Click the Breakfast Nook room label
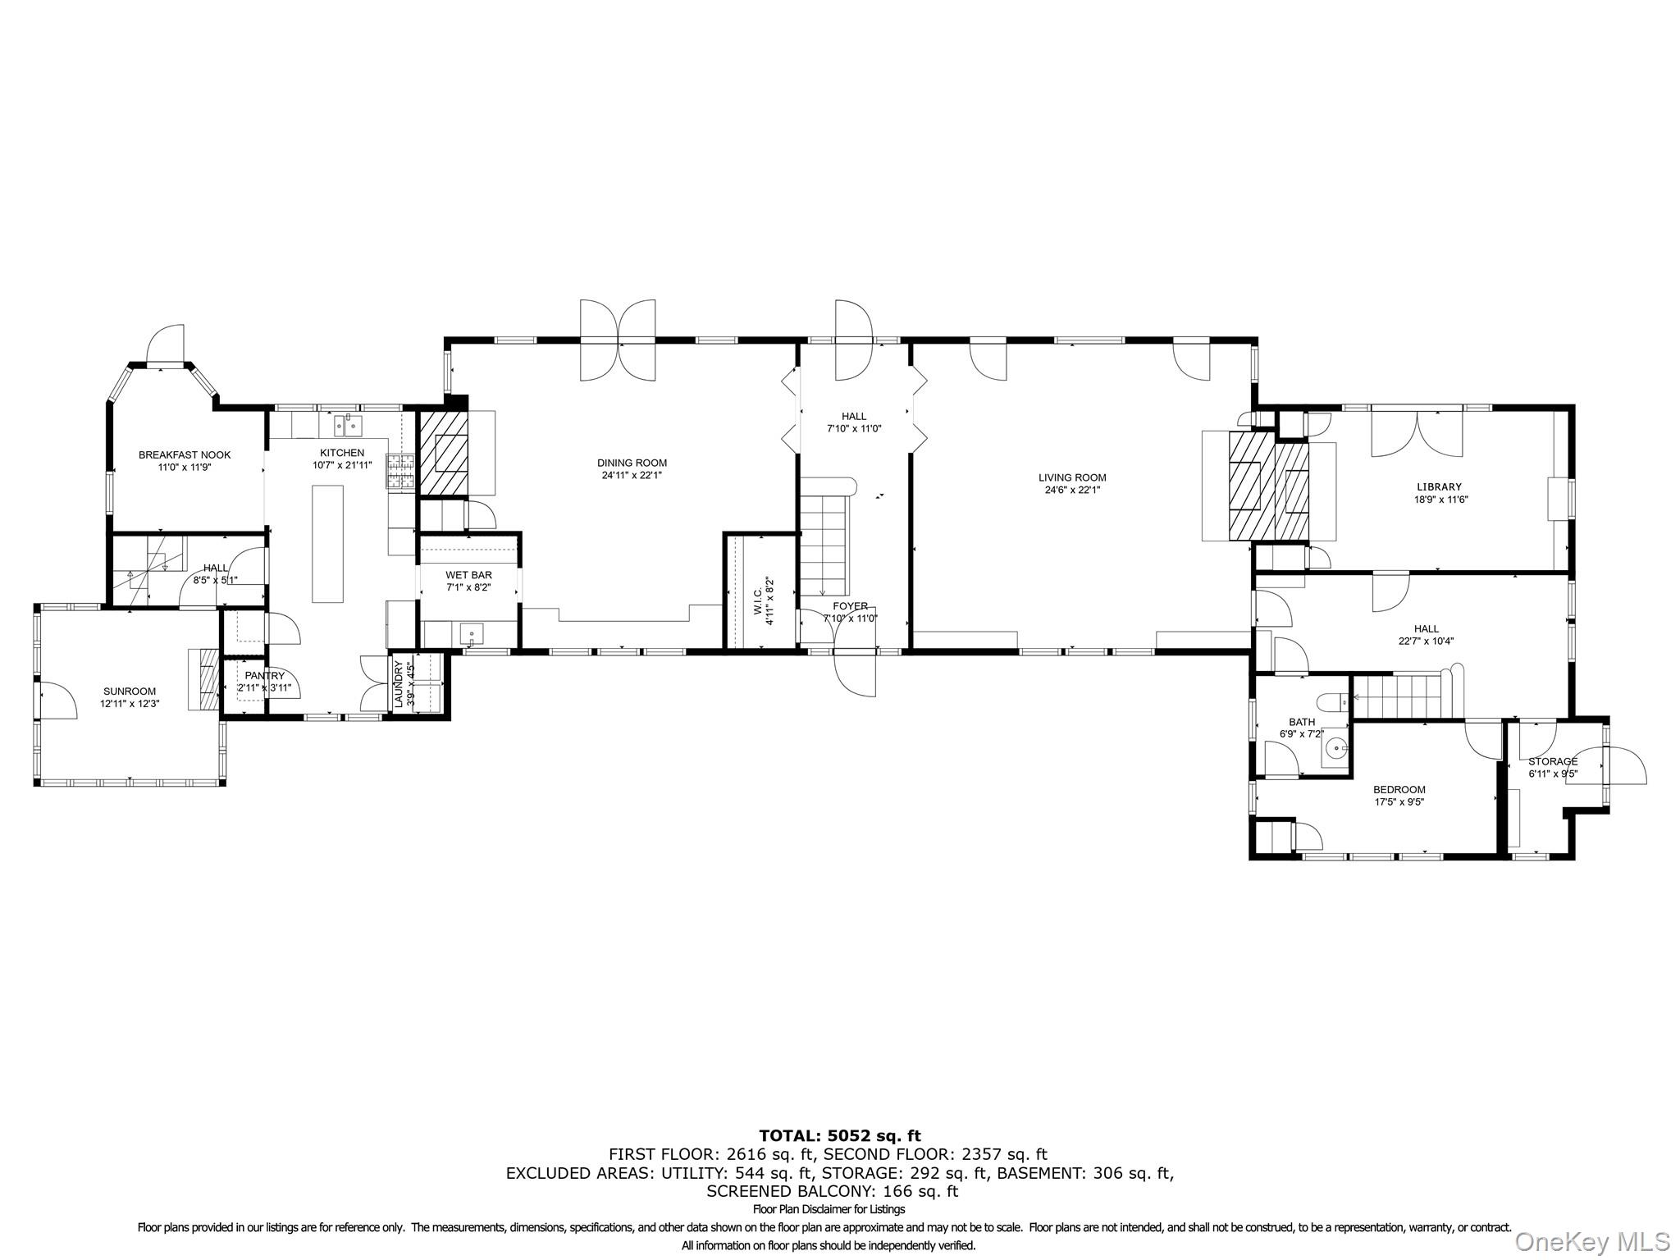tap(185, 454)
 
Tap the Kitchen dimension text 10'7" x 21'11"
tap(342, 465)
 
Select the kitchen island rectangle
tap(327, 544)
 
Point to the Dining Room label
tap(632, 463)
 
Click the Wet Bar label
tap(468, 575)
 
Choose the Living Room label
tap(1072, 477)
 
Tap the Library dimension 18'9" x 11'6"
tap(1439, 499)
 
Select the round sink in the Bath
tap(1336, 748)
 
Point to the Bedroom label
tap(1399, 790)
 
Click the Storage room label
tap(1553, 761)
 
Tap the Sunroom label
tap(130, 692)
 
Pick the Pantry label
tap(264, 676)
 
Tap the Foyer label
tap(850, 606)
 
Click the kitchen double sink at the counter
tap(349, 426)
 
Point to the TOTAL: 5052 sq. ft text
tap(839, 1136)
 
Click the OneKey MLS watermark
tap(1592, 1242)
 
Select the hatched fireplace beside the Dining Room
tap(444, 453)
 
